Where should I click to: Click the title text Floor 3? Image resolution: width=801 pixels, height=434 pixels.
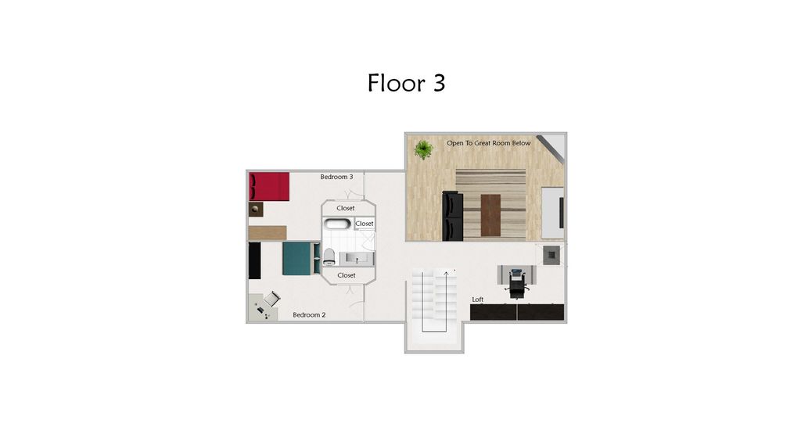pos(406,83)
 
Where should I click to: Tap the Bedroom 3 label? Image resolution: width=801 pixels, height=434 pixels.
pos(336,177)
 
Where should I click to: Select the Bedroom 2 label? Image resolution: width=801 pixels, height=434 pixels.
pos(309,315)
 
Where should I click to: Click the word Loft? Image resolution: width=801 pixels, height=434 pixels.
pos(477,299)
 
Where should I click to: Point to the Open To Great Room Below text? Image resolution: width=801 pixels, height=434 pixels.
pos(488,143)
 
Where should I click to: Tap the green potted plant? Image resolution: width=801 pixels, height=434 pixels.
pos(424,149)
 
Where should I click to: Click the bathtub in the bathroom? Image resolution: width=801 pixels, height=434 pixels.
pos(338,224)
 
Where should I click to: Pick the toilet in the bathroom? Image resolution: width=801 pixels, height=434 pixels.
pos(330,256)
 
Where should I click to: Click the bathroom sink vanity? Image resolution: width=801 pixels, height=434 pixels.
pos(360,257)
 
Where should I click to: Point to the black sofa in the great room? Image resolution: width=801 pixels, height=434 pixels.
pos(454,217)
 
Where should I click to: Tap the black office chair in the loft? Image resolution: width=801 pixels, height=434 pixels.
pos(516,284)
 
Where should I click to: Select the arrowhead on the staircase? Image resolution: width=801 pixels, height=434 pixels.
pos(447,272)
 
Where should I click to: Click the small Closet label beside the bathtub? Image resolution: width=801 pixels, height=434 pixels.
pos(365,224)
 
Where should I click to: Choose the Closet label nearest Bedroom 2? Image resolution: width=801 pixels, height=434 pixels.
pos(346,275)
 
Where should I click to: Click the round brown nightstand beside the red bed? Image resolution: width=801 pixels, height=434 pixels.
pos(256,209)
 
